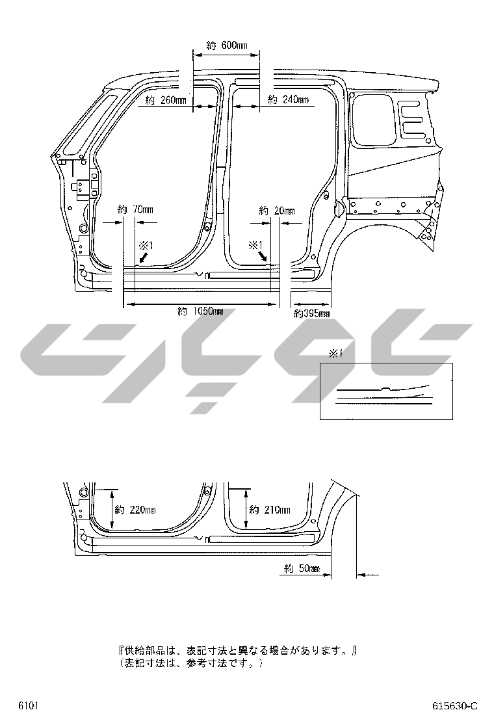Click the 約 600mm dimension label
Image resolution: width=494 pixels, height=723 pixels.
pos(227,46)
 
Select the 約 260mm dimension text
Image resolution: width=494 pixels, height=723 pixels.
pos(166,100)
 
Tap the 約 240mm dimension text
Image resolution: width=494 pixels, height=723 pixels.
pos(289,99)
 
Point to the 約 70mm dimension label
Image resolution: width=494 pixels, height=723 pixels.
pos(135,210)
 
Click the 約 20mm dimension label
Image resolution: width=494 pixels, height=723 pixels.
pos(277,211)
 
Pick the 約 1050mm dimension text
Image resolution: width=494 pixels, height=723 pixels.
pos(200,311)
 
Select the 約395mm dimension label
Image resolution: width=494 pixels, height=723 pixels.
pos(311,313)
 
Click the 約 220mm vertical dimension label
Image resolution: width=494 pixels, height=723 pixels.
pos(135,510)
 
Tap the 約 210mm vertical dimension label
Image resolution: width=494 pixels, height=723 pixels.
pos(270,510)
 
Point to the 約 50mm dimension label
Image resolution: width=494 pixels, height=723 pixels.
pos(302,568)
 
